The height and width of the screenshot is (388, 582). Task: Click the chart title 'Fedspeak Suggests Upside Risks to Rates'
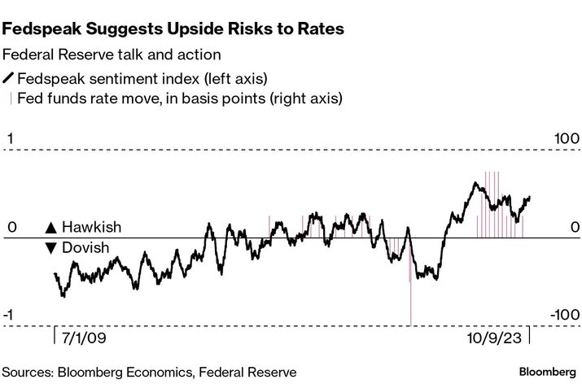[x=173, y=29]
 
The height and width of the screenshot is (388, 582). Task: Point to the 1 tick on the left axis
[x=10, y=139]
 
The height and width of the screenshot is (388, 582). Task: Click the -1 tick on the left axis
[x=12, y=316]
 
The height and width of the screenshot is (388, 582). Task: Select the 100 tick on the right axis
[x=567, y=139]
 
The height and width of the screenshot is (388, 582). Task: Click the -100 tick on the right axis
[x=563, y=316]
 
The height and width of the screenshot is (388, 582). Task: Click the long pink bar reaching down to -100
[x=410, y=301]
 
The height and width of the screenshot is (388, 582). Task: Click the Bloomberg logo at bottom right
[x=547, y=372]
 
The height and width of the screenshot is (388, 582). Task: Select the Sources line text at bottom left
[x=149, y=372]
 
